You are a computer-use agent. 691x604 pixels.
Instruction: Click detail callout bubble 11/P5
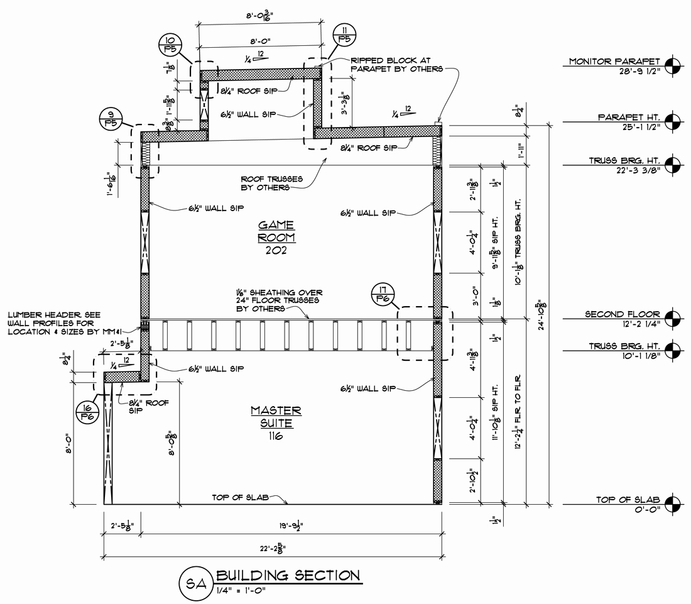pos(344,33)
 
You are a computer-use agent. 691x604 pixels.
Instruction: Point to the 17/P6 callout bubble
pos(382,296)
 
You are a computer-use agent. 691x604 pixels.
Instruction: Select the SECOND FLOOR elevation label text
pos(623,314)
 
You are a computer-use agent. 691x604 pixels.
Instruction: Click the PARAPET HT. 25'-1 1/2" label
pos(629,121)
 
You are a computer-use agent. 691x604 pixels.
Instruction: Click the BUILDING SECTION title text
pos(288,575)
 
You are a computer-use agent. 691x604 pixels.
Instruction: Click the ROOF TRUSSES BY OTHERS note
pos(271,183)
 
